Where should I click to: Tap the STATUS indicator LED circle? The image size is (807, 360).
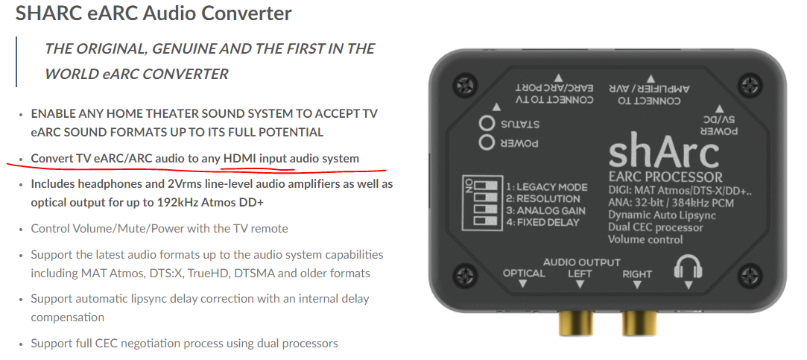coord(487,124)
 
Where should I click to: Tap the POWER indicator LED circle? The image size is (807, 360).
coord(487,142)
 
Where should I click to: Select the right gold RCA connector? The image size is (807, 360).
coord(639,323)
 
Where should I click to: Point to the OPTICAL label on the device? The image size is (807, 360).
coord(523,274)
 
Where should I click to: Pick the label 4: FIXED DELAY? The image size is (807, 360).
coord(542,223)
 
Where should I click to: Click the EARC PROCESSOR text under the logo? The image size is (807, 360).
coord(665,177)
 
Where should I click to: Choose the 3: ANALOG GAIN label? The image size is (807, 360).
coord(545,211)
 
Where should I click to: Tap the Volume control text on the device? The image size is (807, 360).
coord(645,239)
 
